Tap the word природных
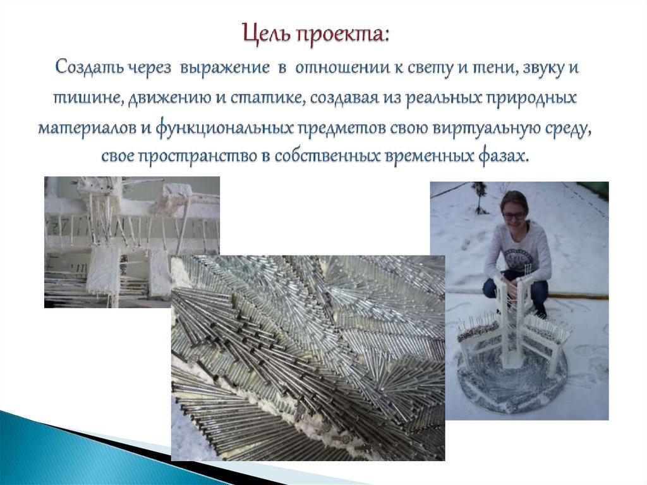click(535, 99)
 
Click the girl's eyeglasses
click(513, 216)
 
